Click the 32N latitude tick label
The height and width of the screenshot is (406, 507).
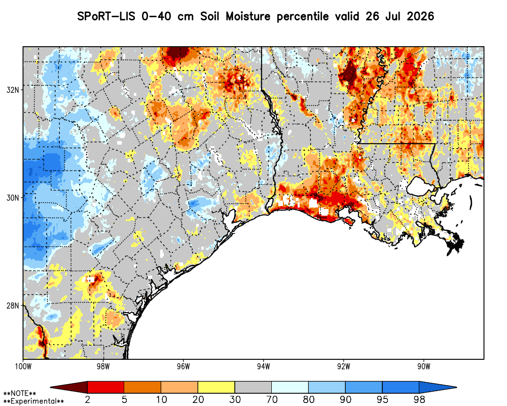(x=12, y=90)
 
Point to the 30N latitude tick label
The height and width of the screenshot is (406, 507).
(x=12, y=198)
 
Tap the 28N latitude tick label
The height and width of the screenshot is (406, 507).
(x=12, y=306)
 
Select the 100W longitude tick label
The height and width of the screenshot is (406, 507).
(x=23, y=366)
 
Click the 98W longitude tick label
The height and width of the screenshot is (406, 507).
(x=103, y=366)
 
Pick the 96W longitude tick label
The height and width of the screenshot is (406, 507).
(x=184, y=366)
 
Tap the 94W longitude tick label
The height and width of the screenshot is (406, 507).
(x=264, y=366)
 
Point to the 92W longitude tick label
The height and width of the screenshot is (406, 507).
(x=344, y=366)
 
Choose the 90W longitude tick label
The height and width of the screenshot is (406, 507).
(x=424, y=366)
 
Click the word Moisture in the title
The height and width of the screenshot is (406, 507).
(x=248, y=16)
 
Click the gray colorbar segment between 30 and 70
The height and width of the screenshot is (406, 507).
(x=253, y=387)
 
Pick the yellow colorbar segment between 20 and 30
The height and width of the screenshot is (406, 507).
(x=216, y=387)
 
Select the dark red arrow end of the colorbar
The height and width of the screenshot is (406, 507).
(x=69, y=387)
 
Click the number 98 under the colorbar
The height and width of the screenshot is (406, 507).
(x=419, y=399)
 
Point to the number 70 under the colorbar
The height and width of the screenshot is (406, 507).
(x=272, y=399)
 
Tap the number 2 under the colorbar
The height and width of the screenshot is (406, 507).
(x=87, y=399)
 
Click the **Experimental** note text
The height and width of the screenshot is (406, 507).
(x=33, y=401)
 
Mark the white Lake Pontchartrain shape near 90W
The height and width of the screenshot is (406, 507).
(x=421, y=186)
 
